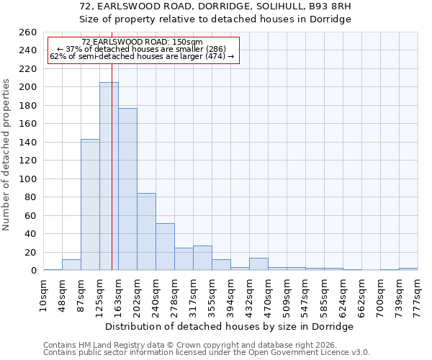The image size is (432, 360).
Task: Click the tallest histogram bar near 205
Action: (109, 176)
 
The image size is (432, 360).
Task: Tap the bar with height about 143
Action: (90, 204)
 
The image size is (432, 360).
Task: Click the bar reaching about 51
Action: (165, 247)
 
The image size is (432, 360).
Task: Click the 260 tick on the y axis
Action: (27, 32)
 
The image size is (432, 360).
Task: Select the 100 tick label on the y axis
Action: (27, 179)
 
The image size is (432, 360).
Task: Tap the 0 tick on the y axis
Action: (33, 271)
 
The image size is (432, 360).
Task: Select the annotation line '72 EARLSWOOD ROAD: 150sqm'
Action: (142, 42)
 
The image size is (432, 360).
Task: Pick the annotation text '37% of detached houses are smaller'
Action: (142, 50)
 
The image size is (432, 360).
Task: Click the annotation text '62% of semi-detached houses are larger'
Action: (142, 57)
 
